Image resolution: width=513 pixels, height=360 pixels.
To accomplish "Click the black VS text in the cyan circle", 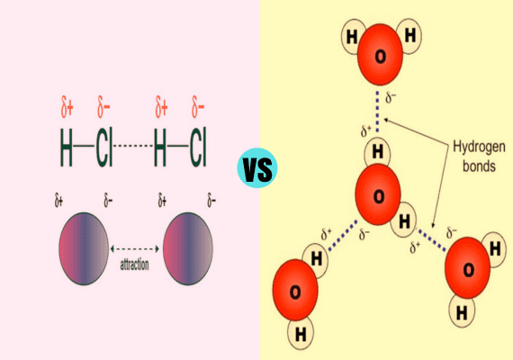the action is [257, 169].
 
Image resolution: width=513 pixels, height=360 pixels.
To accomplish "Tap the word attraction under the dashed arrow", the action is [134, 265].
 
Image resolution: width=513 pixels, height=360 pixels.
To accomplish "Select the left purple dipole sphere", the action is [84, 248].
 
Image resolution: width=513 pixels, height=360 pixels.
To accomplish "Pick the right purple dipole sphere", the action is [188, 248].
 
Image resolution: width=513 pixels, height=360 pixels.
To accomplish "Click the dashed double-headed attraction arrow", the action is [134, 249].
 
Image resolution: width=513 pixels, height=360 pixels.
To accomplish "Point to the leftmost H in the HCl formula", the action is [66, 147].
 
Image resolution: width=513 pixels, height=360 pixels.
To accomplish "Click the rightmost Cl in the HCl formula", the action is [198, 147].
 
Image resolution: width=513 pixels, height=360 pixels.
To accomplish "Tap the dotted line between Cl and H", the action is [133, 146].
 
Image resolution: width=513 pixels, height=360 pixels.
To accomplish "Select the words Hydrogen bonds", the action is [479, 157].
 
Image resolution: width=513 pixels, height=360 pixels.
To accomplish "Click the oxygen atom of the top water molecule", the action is [380, 54].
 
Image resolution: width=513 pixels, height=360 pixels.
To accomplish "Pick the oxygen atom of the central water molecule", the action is [378, 194].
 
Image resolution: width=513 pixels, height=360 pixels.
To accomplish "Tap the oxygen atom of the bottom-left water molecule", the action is [295, 290].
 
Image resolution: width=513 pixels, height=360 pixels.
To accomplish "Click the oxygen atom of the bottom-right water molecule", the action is [467, 267].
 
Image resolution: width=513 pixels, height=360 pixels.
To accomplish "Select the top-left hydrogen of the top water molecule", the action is [353, 36].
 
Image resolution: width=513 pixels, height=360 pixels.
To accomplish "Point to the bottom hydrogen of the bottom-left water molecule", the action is [301, 334].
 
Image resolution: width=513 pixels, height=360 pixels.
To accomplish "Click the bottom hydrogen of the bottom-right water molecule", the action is [462, 311].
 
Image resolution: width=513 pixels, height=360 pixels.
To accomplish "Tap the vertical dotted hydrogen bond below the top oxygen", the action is [378, 112].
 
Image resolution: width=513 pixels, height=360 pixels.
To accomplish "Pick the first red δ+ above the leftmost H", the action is [67, 107].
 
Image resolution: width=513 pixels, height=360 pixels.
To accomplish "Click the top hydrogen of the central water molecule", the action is [378, 151].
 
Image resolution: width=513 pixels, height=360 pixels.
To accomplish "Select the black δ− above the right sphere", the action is [211, 201].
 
